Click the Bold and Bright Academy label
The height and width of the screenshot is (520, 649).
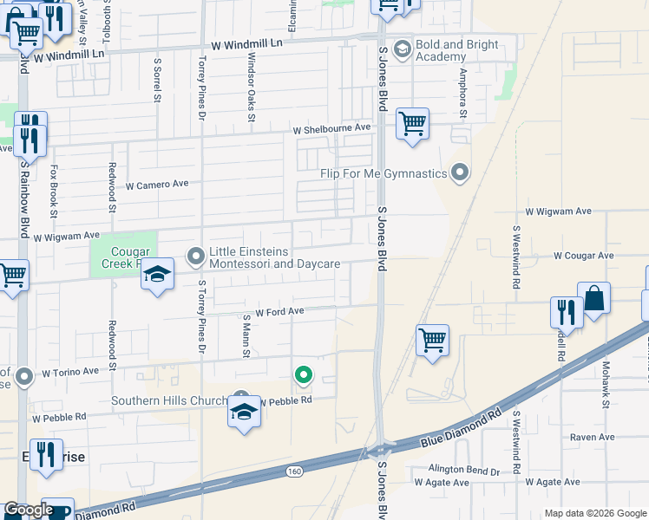[x=457, y=50]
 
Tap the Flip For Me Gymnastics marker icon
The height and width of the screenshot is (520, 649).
[x=460, y=173]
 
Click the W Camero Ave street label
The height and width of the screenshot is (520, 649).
[x=157, y=185]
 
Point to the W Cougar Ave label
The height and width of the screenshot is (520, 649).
[x=583, y=256]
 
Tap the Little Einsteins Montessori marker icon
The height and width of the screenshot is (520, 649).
[x=196, y=256]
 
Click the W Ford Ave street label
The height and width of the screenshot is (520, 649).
[x=279, y=311]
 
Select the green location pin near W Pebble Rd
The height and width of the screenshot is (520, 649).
[x=303, y=374]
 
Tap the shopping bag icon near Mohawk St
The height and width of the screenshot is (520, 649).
[x=593, y=299]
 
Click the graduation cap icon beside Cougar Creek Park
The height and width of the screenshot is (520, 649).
[x=157, y=275]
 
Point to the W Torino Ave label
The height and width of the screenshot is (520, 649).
[x=70, y=372]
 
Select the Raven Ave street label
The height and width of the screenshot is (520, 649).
[x=593, y=438]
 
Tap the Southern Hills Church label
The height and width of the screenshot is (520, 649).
[x=167, y=400]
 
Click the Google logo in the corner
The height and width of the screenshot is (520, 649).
[x=28, y=510]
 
